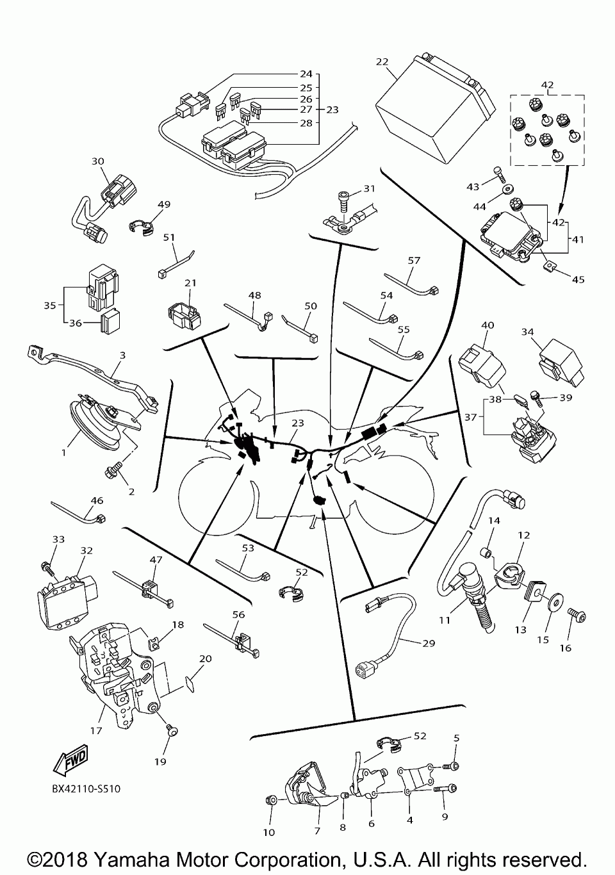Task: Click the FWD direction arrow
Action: pyautogui.click(x=71, y=760)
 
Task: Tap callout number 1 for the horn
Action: pyautogui.click(x=64, y=453)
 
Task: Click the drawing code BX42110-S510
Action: pyautogui.click(x=86, y=789)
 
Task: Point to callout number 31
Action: pyautogui.click(x=369, y=188)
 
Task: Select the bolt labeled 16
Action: pyautogui.click(x=577, y=616)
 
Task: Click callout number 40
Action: pyautogui.click(x=487, y=325)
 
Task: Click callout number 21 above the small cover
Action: pyautogui.click(x=190, y=283)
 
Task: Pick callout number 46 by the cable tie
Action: pyautogui.click(x=97, y=500)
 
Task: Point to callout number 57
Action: pyautogui.click(x=414, y=261)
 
